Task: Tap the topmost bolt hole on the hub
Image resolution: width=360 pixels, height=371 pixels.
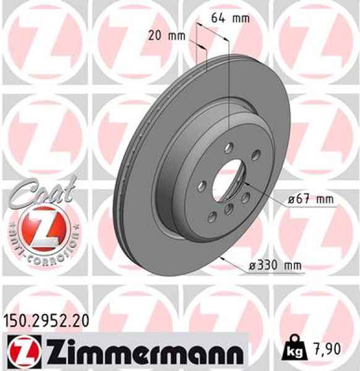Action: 229,147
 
